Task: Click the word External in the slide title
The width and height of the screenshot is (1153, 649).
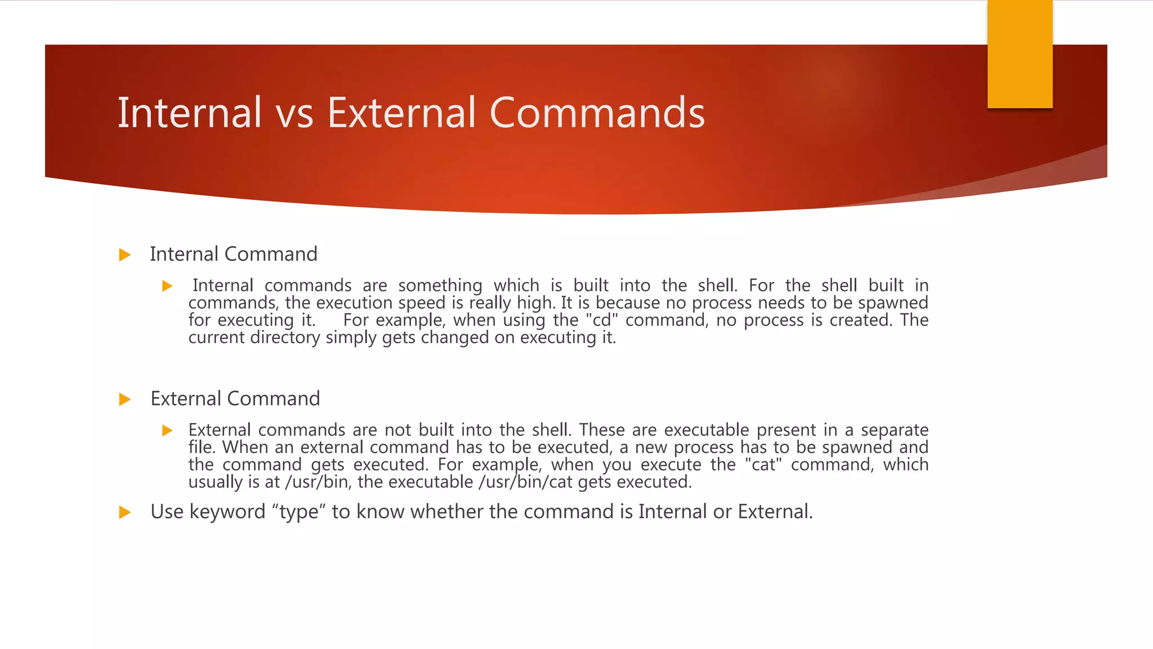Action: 401,113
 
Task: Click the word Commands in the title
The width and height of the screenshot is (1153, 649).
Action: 597,113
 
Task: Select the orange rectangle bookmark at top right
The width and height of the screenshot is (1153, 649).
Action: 1020,54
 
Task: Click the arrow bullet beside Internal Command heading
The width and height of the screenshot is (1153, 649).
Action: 125,255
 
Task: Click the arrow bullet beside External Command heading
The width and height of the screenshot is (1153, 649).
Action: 125,399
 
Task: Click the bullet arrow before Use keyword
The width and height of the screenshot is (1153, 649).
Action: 125,512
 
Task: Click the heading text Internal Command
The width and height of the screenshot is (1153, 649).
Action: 234,254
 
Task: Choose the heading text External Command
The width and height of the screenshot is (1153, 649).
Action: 235,399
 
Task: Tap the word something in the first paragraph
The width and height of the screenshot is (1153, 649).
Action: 440,286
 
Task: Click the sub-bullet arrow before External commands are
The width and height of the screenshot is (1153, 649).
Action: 167,431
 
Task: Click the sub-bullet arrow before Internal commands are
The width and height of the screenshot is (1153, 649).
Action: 167,286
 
